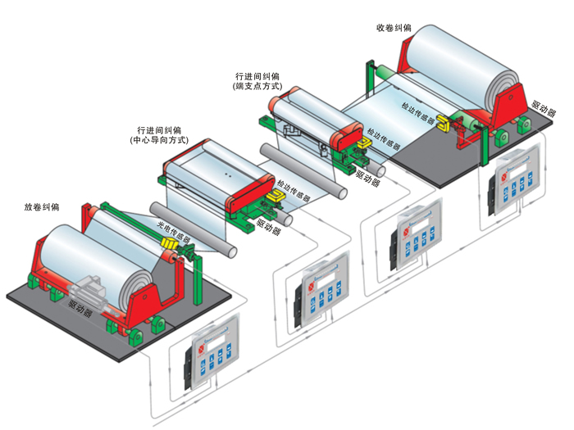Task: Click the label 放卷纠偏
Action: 43,206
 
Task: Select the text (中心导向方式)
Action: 159,141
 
